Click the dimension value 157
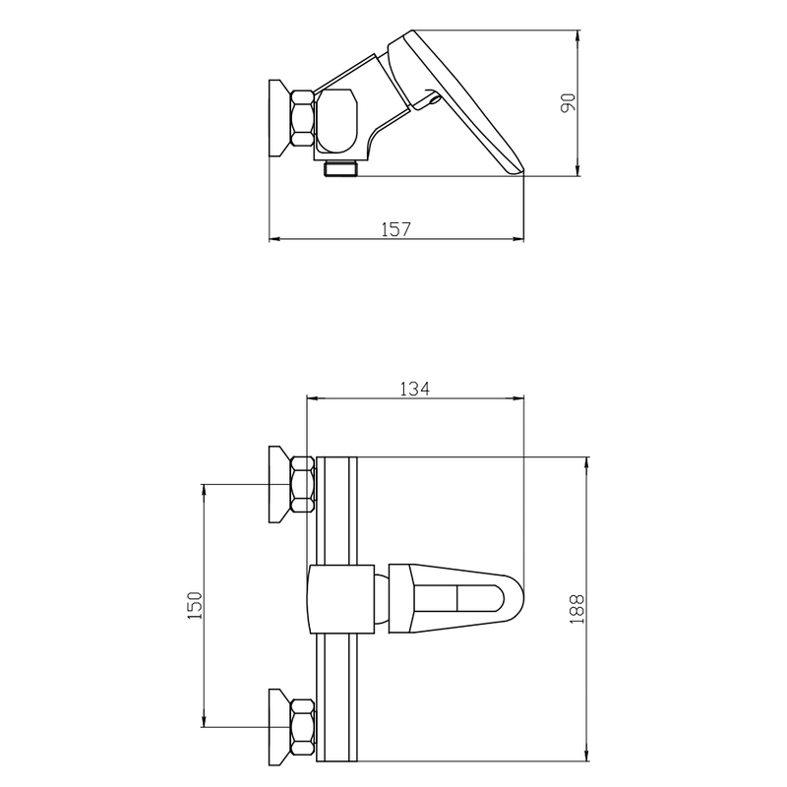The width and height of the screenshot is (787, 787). [x=396, y=229]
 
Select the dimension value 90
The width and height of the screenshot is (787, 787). [x=568, y=103]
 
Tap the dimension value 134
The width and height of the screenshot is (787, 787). [x=414, y=389]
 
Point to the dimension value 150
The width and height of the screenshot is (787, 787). [x=195, y=605]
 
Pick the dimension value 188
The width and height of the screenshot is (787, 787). [x=577, y=609]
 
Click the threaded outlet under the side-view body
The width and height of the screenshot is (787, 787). [x=340, y=168]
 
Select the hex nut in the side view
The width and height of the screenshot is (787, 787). [x=303, y=118]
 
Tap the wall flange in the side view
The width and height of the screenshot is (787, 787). [x=280, y=118]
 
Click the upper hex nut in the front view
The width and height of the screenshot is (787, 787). [x=303, y=484]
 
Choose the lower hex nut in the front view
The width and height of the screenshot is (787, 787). [x=303, y=727]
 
